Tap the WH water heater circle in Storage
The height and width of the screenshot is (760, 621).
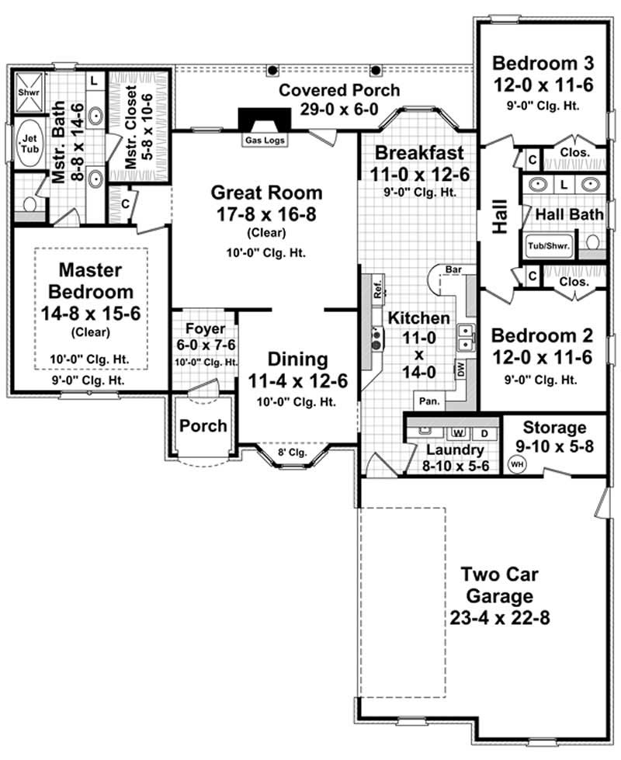516,465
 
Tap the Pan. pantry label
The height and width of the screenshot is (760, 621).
427,402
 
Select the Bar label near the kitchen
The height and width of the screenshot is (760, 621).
453,269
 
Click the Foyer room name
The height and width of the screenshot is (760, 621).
206,328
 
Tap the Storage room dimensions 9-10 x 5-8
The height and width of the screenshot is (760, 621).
554,447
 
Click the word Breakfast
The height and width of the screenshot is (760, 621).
418,152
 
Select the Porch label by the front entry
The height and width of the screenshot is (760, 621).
203,425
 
